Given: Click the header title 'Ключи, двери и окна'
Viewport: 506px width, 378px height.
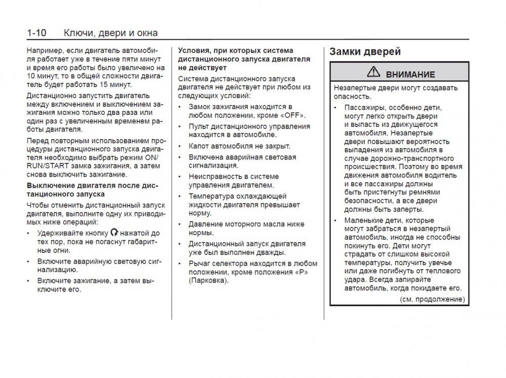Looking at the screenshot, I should point(111,33).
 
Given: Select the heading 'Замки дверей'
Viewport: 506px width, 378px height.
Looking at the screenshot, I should point(365,52).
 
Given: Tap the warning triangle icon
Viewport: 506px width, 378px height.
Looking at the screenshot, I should point(373,73).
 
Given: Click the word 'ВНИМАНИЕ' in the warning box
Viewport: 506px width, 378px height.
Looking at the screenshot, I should point(410,74).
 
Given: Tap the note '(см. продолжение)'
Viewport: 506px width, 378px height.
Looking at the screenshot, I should point(432,300).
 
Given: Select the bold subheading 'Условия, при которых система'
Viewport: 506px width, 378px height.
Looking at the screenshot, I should point(235,51).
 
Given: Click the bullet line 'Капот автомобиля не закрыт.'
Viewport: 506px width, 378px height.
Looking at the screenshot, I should point(239,146).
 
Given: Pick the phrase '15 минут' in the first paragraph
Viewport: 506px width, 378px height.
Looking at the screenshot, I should point(116,85).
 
